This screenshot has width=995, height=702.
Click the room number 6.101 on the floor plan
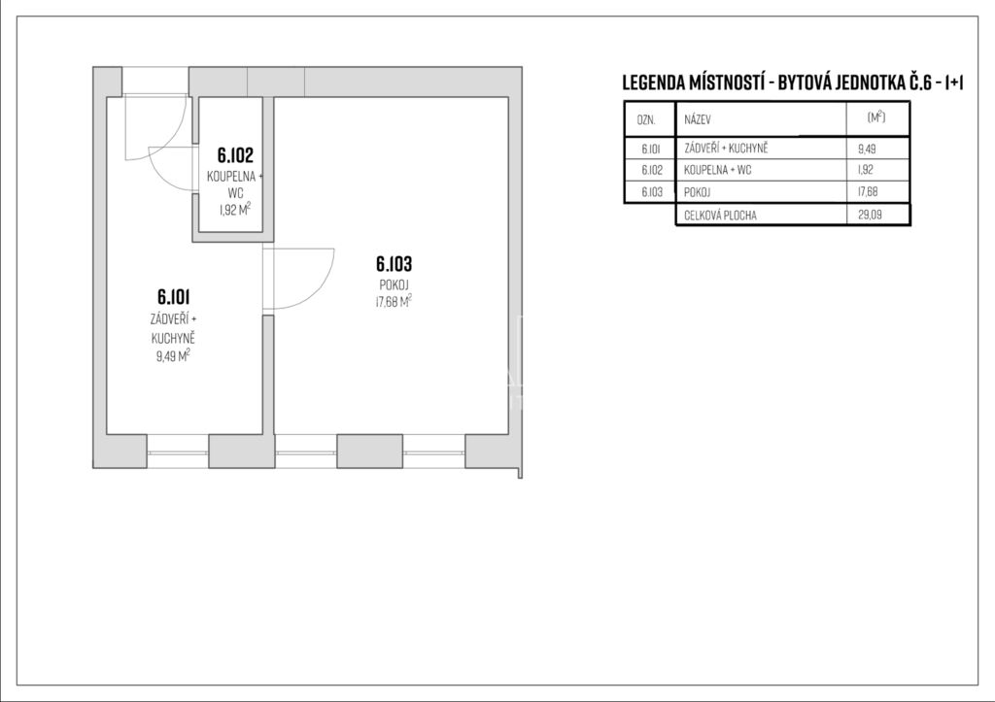tap(173, 297)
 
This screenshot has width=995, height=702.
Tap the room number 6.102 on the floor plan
tap(235, 154)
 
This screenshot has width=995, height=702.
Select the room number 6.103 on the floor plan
tap(395, 263)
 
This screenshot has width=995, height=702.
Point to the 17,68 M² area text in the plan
tap(395, 301)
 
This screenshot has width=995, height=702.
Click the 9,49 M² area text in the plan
tap(173, 355)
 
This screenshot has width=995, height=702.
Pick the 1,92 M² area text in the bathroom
tap(235, 210)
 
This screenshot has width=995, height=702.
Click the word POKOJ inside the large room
tap(395, 284)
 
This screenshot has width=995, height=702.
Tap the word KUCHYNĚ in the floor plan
tap(173, 339)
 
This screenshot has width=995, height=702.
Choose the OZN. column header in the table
tap(646, 119)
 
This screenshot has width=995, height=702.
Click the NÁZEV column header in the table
tap(698, 119)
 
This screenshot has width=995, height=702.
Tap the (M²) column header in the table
tap(875, 117)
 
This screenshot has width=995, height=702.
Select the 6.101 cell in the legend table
tap(650, 150)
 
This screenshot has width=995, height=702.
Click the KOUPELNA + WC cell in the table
tap(718, 170)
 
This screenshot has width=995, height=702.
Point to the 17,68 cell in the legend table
tap(868, 191)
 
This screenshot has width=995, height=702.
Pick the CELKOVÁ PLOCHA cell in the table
tap(720, 216)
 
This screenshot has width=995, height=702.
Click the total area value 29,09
tap(870, 215)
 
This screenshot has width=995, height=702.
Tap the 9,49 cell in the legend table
tap(867, 150)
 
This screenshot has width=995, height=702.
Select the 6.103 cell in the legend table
tap(652, 191)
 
